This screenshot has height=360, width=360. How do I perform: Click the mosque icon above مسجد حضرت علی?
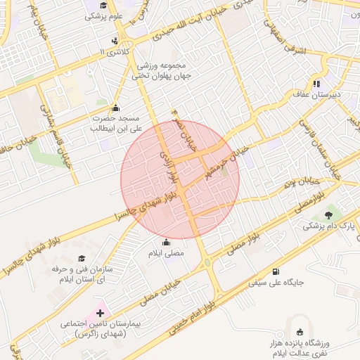tap(115, 108)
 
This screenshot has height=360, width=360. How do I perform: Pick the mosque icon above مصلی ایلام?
tap(167, 243)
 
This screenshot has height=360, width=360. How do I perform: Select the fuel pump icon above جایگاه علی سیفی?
tap(274, 273)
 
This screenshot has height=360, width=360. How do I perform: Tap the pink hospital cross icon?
tap(100, 312)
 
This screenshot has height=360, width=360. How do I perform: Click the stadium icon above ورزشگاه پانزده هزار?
tap(301, 330)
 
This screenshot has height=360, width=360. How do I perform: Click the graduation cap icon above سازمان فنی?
tap(81, 259)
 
